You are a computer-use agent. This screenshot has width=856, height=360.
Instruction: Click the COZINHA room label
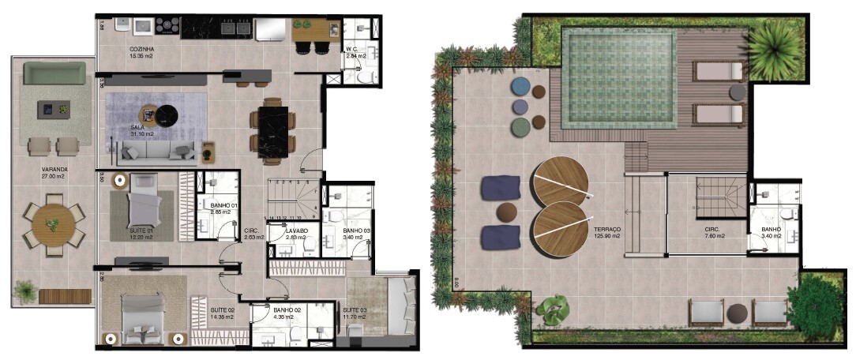point(142,49)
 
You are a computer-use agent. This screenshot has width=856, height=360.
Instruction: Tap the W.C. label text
point(352,49)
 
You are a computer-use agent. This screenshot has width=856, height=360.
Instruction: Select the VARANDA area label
point(54,169)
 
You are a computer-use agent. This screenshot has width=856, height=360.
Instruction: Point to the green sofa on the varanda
point(54,73)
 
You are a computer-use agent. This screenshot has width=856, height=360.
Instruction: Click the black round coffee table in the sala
point(167,116)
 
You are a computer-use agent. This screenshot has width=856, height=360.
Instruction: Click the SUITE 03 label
point(353,309)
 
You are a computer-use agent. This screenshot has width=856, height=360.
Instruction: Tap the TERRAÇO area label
point(607,230)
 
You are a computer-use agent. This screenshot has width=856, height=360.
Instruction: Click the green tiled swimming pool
point(619,77)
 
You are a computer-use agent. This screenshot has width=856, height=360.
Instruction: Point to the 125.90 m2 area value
point(607,236)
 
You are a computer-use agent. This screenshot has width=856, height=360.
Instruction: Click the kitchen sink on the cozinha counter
point(145,27)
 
